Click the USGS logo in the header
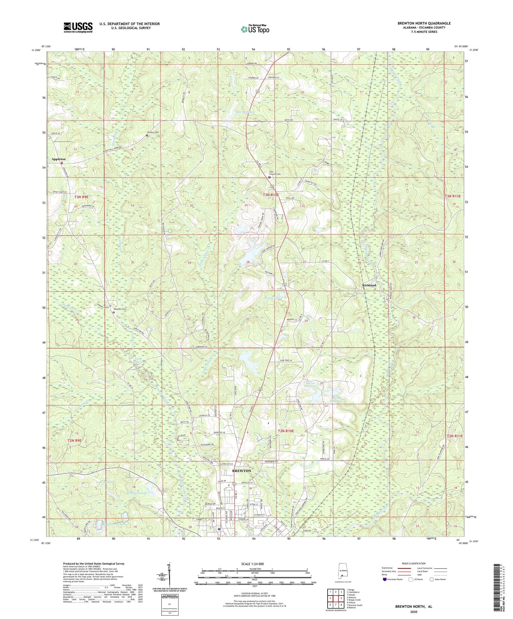coord(78,27)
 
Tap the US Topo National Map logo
coord(255,29)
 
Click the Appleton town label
coord(58,159)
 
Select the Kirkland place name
coord(369,285)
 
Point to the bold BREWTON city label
coord(241,471)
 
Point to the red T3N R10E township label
coord(271,195)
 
